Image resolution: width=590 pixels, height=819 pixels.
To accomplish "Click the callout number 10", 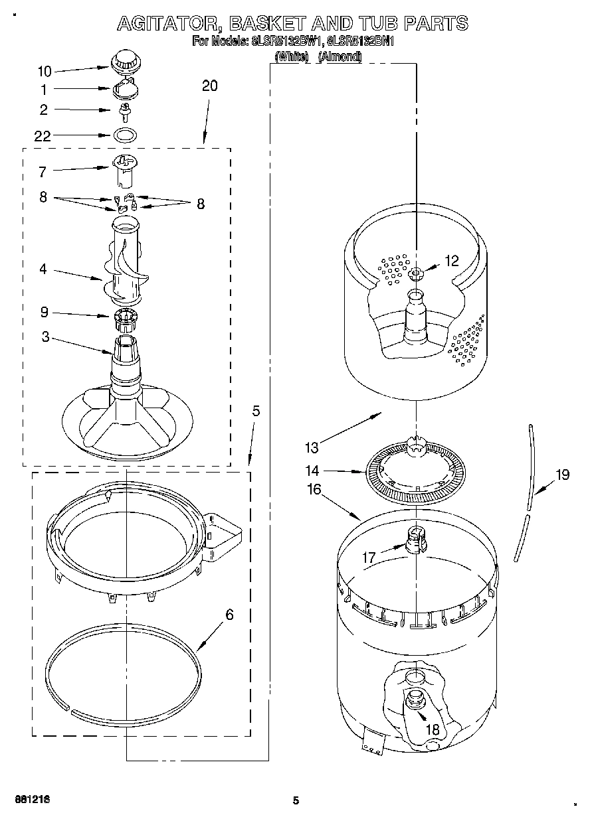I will (x=45, y=71).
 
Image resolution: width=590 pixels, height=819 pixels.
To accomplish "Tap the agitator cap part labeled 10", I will (x=122, y=62).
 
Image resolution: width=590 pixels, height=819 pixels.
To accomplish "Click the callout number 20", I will (x=209, y=86).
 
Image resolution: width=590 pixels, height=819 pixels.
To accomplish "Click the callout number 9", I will (x=45, y=312).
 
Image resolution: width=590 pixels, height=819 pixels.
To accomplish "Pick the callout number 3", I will (x=45, y=336).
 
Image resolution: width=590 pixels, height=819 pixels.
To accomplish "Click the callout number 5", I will (x=256, y=411).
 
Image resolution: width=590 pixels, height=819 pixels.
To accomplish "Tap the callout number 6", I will (x=229, y=615).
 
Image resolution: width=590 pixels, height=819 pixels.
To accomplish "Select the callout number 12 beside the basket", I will (x=452, y=261).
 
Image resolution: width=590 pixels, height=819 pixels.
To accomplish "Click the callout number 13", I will (x=312, y=448).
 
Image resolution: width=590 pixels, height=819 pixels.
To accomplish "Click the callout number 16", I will (x=314, y=490).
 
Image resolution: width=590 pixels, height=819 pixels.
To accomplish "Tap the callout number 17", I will (x=369, y=558).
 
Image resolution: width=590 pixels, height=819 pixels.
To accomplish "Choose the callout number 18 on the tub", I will (x=433, y=729).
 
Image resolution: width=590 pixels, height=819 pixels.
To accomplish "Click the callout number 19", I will (x=563, y=475).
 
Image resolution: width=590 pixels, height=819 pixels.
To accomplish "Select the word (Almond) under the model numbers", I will (x=340, y=57).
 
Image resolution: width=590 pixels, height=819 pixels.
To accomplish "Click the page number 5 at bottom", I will (x=296, y=800).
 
